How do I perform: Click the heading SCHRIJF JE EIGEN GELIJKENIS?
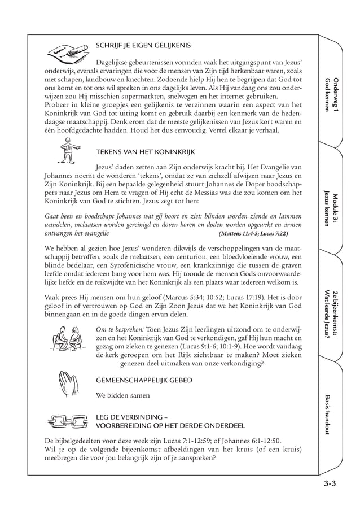click(x=143, y=45)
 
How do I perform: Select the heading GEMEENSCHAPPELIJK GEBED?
click(x=144, y=380)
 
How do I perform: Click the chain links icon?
click(x=65, y=421)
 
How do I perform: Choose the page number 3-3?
click(x=330, y=483)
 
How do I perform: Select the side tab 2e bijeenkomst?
click(x=331, y=313)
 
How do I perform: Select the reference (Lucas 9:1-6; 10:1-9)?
click(x=199, y=346)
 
